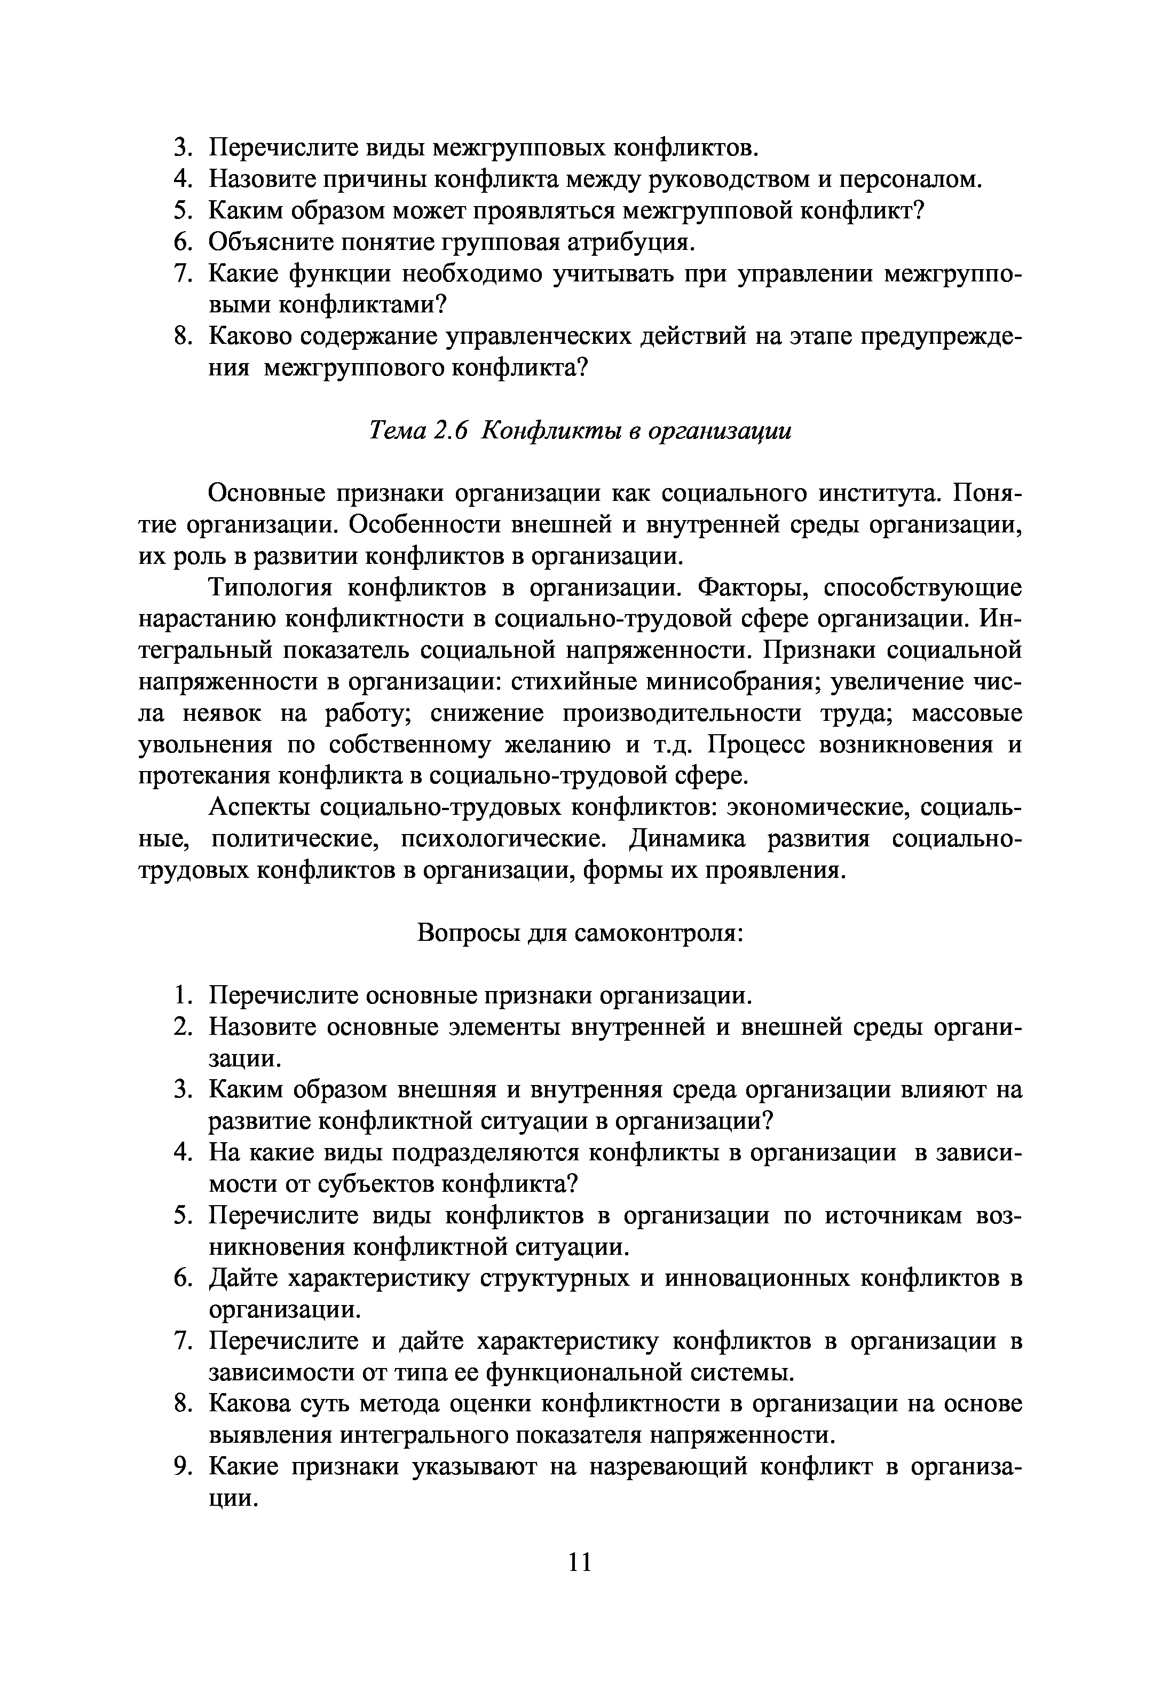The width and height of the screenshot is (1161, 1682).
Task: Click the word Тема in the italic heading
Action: [x=399, y=431]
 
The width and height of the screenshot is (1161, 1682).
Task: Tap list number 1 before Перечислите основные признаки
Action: [x=183, y=995]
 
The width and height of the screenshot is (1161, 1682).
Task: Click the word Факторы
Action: [x=750, y=587]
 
